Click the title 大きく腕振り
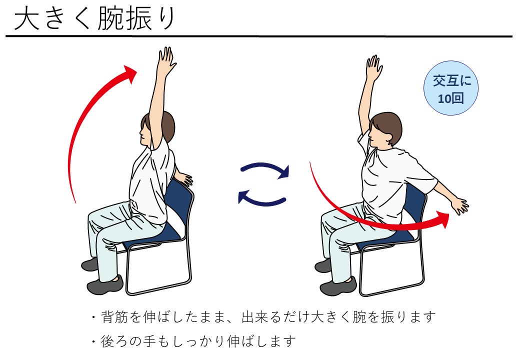(94, 19)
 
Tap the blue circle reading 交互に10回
(450, 88)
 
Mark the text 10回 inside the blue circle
(450, 98)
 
